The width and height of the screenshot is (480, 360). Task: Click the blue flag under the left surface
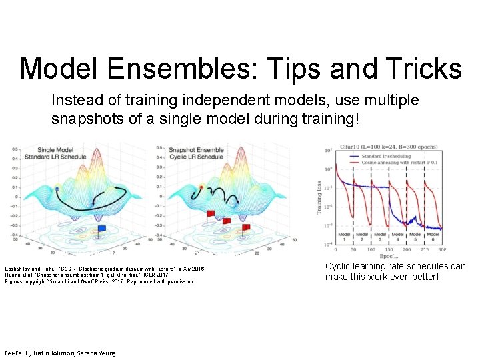click(101, 229)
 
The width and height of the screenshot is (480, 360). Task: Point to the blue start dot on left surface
click(58, 190)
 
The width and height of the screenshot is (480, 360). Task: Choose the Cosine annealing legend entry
click(407, 163)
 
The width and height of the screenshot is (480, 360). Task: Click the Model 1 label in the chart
click(343, 238)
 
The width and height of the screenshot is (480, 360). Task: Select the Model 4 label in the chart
click(398, 238)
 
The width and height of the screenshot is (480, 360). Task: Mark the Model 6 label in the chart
click(434, 238)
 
